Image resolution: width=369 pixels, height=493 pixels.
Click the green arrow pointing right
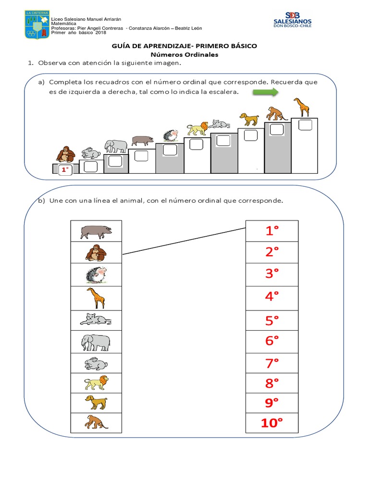265,92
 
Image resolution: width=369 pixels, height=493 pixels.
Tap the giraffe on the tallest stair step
302,107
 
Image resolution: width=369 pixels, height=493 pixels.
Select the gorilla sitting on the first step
65,155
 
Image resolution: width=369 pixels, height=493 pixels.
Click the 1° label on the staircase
65,170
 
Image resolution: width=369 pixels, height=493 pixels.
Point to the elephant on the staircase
116,146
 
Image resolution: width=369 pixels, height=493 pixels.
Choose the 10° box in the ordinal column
272,423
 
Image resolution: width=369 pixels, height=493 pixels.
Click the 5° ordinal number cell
272,320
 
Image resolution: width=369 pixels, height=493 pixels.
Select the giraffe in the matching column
96,298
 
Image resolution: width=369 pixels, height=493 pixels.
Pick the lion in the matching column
96,383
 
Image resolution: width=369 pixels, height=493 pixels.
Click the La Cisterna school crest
37,25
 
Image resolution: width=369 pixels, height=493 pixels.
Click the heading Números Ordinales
184,55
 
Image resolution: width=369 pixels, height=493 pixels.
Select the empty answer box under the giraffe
305,125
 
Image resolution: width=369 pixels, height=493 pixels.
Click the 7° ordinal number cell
272,363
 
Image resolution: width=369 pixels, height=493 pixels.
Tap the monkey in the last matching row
96,422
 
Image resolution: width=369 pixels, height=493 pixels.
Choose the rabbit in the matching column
96,363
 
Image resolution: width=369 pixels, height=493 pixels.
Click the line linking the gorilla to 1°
184,241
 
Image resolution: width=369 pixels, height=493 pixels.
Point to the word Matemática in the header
64,24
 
